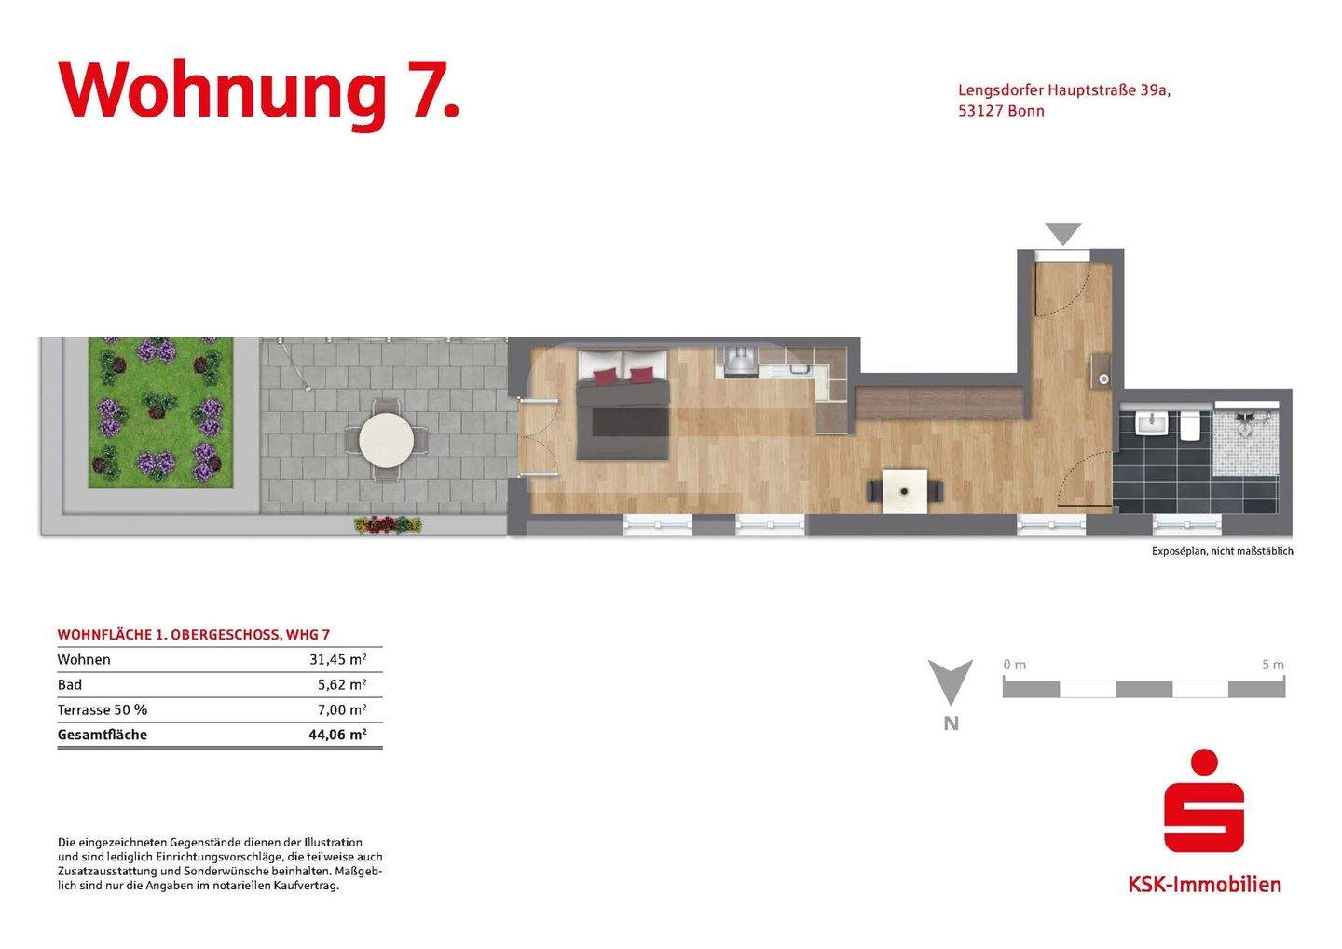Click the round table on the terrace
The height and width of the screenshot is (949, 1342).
[x=386, y=439]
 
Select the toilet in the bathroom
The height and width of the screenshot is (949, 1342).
[x=1189, y=425]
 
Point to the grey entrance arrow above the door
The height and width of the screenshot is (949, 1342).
[x=1062, y=233]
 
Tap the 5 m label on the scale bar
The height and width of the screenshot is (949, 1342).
[x=1272, y=665]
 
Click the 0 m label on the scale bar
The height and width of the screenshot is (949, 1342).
[x=1014, y=665]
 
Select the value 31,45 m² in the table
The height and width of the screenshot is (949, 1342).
[x=337, y=659]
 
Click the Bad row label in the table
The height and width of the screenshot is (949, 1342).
[x=70, y=684]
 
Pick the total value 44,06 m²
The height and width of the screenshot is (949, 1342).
[x=337, y=735]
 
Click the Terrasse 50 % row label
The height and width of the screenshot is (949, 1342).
[x=103, y=709]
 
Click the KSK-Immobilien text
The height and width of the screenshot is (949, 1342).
[x=1204, y=884]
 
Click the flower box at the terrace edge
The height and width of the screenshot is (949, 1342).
[x=388, y=526]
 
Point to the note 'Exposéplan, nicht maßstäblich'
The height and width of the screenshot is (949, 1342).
[x=1222, y=551]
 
